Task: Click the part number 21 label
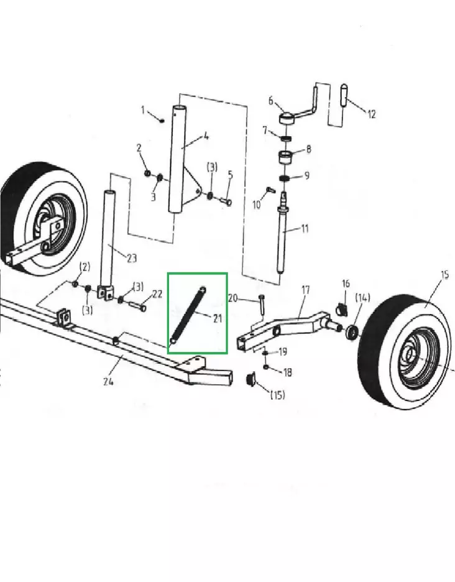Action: tap(217, 319)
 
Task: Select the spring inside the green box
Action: tap(188, 315)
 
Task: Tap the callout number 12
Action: tap(371, 114)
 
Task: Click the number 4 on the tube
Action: tap(206, 136)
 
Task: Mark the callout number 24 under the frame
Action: tap(108, 382)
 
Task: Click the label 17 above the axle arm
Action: tap(305, 289)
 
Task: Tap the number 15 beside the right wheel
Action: tap(444, 274)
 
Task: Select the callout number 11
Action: tap(304, 229)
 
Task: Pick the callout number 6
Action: tap(271, 101)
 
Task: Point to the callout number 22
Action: tap(157, 294)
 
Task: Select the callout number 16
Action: tap(346, 284)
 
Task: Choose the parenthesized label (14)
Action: tap(362, 297)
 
